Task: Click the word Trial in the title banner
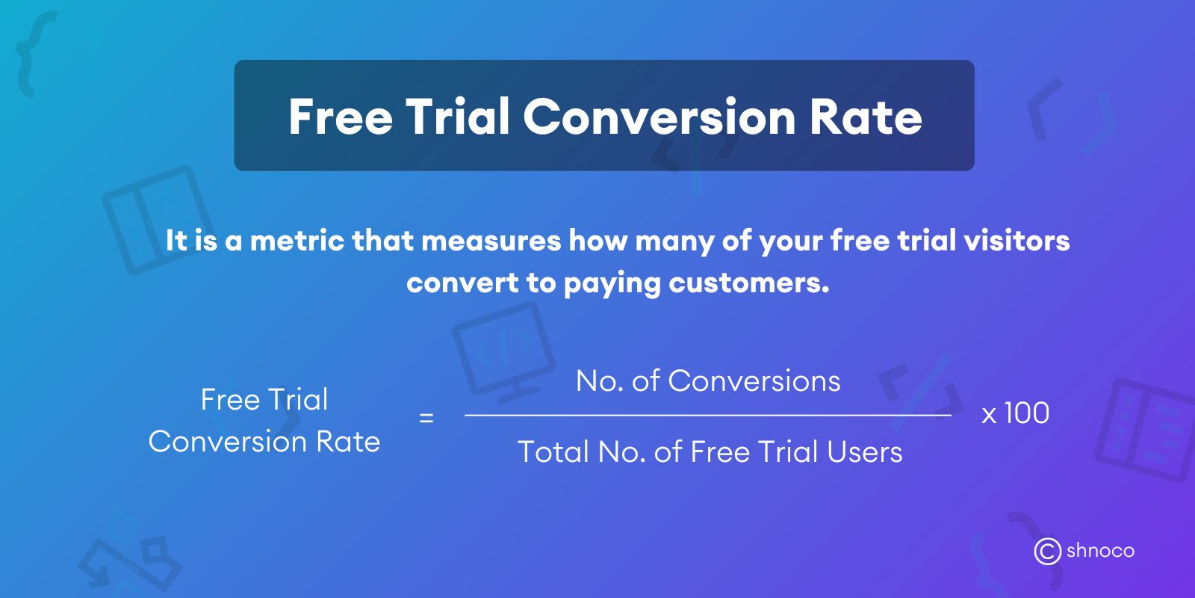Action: point(457,117)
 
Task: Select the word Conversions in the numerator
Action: point(754,381)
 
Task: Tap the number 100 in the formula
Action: point(1027,413)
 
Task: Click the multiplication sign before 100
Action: point(989,416)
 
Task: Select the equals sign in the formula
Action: point(426,418)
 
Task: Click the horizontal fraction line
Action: point(707,415)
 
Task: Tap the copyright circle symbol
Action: point(1047,552)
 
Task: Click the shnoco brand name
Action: point(1100,552)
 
